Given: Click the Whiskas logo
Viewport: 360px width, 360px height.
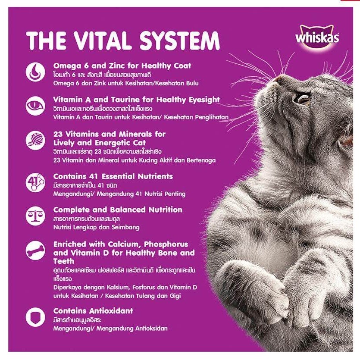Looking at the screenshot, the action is pos(317,37).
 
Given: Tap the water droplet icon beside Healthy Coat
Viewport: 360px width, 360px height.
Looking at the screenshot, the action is pos(35,72).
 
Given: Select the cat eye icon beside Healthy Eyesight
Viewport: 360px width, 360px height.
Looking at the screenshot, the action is pos(35,106).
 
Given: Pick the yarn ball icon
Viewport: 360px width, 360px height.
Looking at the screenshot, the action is pos(35,140).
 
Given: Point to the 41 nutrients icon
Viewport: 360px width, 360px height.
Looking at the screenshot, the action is pos(35,182).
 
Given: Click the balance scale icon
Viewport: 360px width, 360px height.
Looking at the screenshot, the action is pos(35,216).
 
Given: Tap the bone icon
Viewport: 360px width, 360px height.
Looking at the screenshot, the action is pos(35,250).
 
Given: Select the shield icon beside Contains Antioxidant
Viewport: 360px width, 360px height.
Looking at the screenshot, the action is pos(35,317).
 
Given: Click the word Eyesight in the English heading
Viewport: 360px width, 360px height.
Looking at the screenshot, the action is pos(204,100).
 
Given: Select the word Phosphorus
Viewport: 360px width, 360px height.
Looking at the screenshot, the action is pos(166,244).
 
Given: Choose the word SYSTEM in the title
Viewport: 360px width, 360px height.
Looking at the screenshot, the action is pos(179,41).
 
